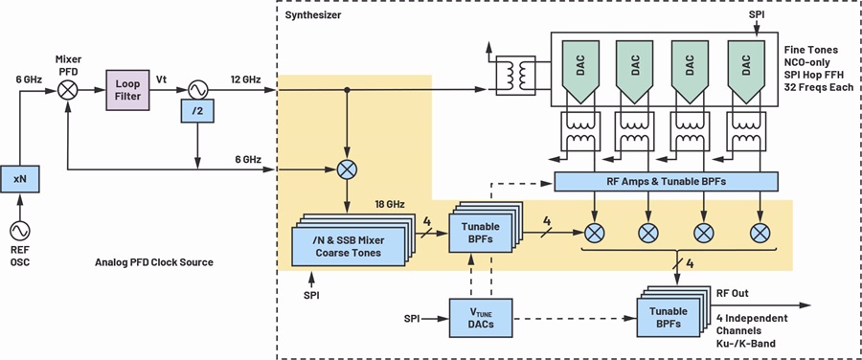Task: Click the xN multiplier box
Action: click(x=20, y=178)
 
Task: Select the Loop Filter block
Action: click(x=127, y=90)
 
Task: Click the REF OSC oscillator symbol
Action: click(x=20, y=232)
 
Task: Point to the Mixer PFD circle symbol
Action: click(x=68, y=90)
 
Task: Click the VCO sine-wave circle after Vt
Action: click(x=196, y=90)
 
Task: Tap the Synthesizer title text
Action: click(x=313, y=14)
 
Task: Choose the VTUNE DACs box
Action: click(x=481, y=318)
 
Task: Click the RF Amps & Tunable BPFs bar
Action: click(x=666, y=181)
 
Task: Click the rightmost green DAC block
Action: click(x=746, y=71)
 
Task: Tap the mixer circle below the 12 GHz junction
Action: click(x=347, y=169)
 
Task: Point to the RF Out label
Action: click(x=732, y=294)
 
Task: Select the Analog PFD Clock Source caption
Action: click(x=154, y=262)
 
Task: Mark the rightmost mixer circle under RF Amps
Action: click(x=760, y=233)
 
